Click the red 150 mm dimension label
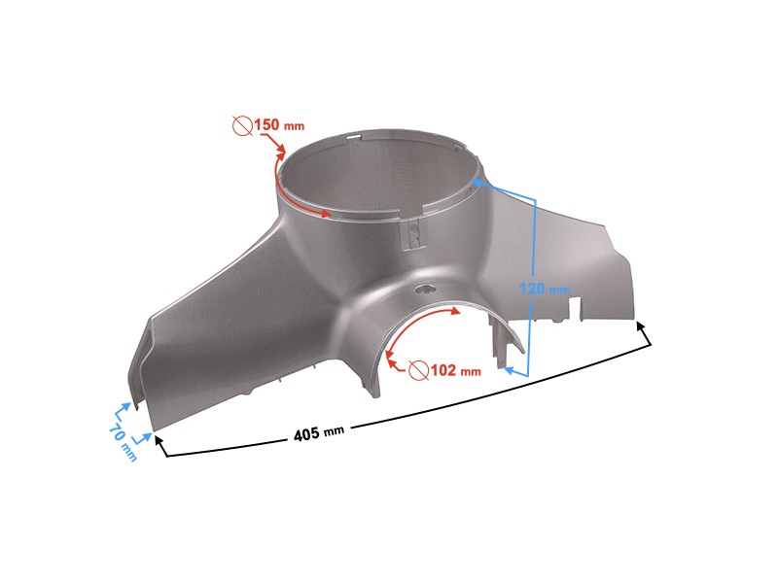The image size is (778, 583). pyautogui.click(x=279, y=124)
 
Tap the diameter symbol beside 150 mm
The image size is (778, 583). pyautogui.click(x=242, y=126)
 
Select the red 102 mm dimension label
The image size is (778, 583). pyautogui.click(x=455, y=370)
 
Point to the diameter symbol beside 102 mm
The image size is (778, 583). pyautogui.click(x=419, y=370)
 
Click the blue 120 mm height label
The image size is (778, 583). pyautogui.click(x=545, y=288)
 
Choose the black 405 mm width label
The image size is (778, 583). pyautogui.click(x=319, y=432)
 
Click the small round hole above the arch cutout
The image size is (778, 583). pyautogui.click(x=425, y=289)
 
